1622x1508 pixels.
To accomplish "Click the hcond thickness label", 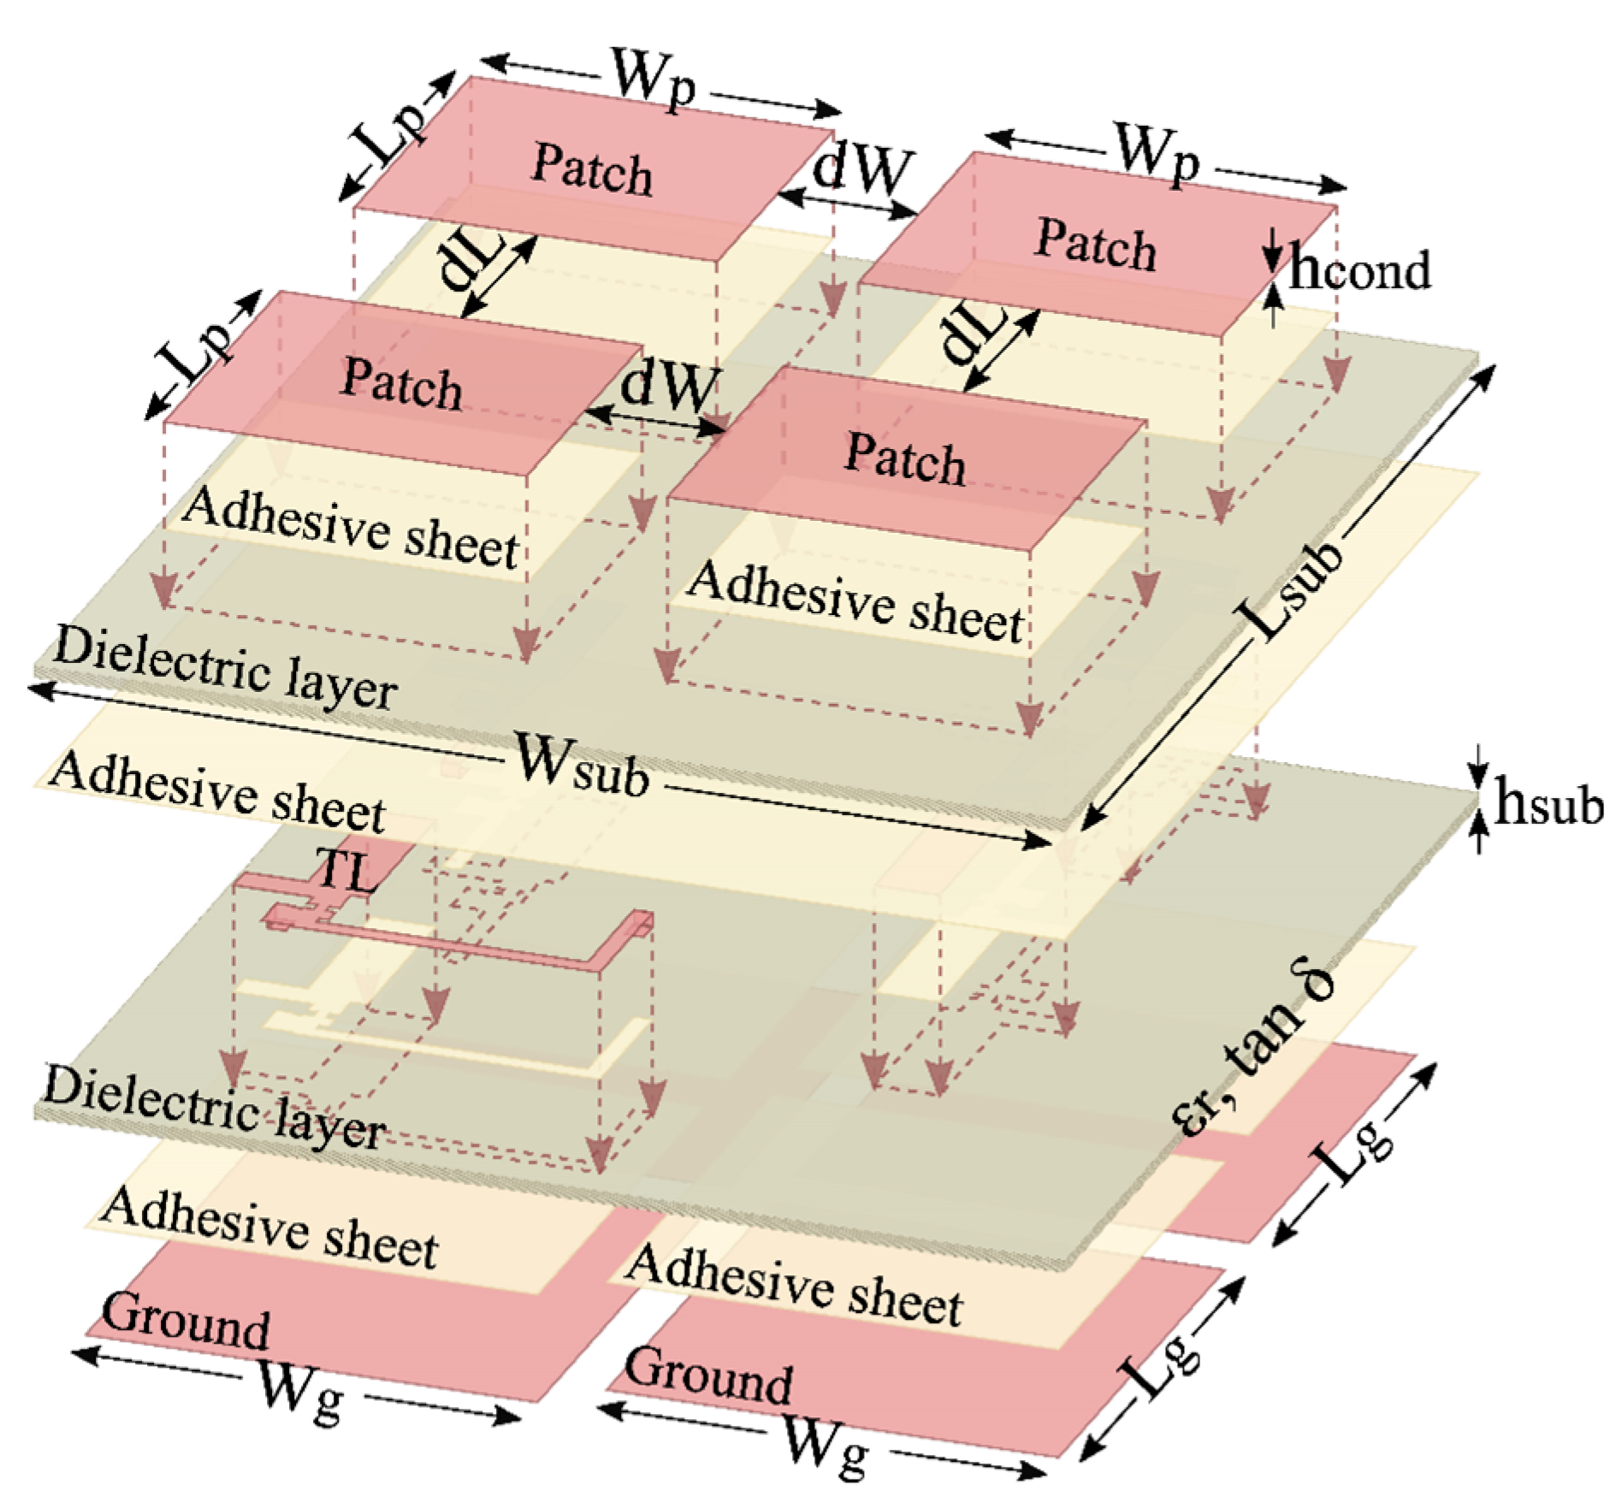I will tap(1359, 271).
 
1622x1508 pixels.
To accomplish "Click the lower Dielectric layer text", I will tap(214, 1108).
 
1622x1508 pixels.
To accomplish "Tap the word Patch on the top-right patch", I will tap(1095, 245).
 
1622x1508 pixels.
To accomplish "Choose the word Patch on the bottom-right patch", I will tap(905, 458).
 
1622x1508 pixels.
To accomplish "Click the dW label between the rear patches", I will tap(862, 168).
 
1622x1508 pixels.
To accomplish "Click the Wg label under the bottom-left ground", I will tap(299, 1392).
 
